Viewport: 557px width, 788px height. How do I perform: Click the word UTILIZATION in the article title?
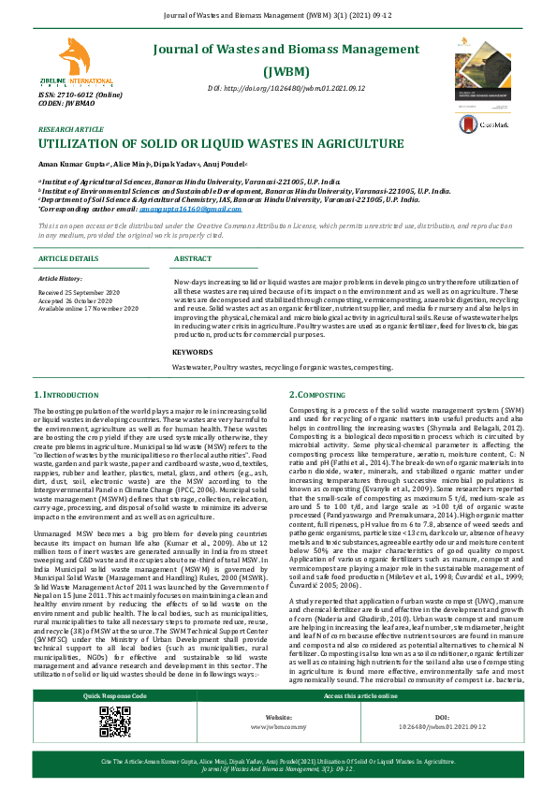coord(88,144)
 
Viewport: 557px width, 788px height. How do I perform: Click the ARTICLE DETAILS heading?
coord(69,258)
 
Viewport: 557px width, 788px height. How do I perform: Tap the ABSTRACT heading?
coord(193,258)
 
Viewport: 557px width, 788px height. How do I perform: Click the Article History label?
coord(60,279)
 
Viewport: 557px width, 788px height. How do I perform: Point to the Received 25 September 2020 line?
coord(87,292)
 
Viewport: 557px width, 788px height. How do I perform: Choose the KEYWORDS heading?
coord(192,352)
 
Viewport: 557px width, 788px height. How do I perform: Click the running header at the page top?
coord(279,16)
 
